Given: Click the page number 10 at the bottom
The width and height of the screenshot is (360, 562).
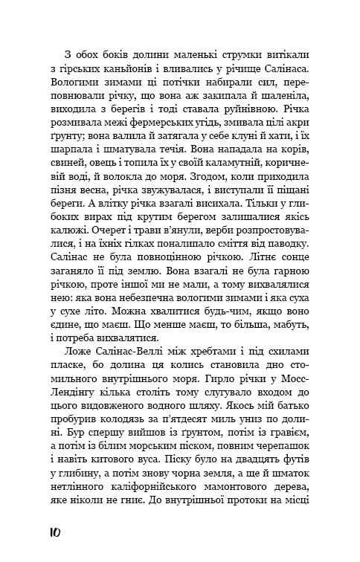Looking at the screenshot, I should [x=53, y=532].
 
